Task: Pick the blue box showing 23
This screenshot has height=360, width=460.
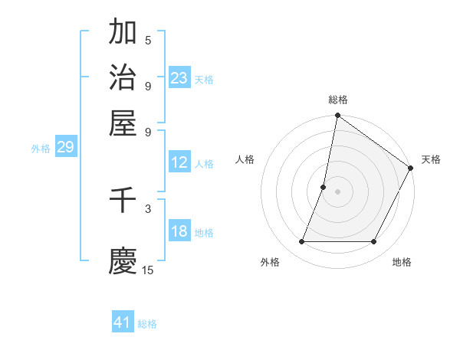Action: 179,78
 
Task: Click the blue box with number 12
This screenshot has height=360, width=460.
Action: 179,162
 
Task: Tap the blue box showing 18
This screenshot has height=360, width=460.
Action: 179,231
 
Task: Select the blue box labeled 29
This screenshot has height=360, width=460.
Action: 65,147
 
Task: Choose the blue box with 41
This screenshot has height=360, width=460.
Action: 123,322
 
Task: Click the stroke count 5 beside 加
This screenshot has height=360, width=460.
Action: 148,41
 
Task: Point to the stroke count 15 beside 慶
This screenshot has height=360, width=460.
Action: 148,270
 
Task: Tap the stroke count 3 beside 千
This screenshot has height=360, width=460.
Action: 148,208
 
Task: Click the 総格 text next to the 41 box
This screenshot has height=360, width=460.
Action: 147,324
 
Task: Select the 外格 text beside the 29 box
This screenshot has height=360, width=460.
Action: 41,149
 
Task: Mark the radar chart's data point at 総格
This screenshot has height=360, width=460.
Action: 337,116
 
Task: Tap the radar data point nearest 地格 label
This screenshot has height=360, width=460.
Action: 374,242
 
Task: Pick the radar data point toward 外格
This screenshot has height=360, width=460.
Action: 301,242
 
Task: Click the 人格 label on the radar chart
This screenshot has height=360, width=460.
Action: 245,159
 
